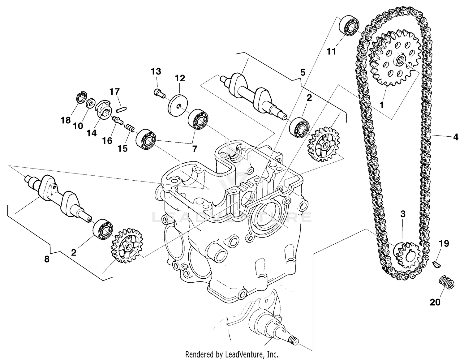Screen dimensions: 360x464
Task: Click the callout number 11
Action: coord(331,51)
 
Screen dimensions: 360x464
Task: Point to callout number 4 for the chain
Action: coord(455,137)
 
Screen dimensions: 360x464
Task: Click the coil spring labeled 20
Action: coord(447,281)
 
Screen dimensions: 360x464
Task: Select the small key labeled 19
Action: coord(436,264)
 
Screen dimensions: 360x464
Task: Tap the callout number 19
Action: coord(444,243)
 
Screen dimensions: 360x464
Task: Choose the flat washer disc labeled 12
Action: coord(176,106)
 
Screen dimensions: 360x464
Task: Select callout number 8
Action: coord(47,259)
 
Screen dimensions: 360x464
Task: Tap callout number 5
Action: coord(303,72)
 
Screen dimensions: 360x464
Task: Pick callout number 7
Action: coord(194,149)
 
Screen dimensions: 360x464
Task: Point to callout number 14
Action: coord(92,133)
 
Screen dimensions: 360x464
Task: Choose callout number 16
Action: coord(107,140)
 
